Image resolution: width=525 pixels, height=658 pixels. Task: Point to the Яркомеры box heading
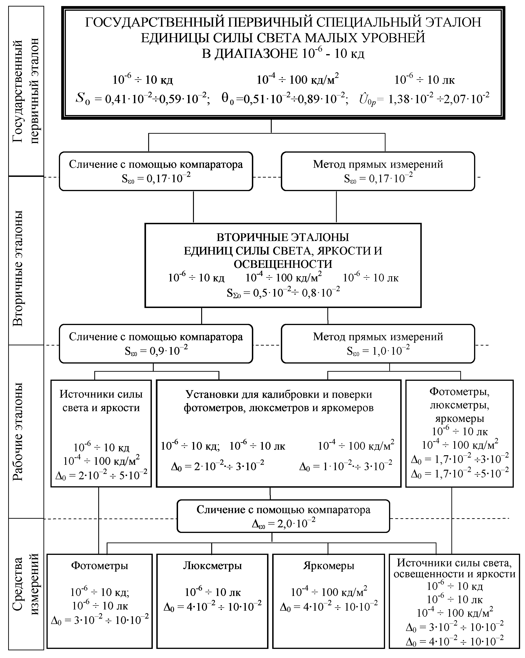point(329,566)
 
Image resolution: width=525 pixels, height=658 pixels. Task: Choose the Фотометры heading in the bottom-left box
point(100,566)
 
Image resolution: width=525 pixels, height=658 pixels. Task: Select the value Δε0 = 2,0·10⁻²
point(283,524)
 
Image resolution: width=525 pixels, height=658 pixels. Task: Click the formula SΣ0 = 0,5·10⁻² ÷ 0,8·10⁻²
point(283,292)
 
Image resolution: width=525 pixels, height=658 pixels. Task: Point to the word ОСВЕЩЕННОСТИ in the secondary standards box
point(283,264)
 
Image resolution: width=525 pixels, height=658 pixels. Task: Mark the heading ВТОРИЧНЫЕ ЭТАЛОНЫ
point(283,237)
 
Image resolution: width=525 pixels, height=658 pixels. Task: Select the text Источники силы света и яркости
point(101,401)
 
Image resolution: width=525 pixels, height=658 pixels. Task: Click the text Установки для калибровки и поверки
point(279,394)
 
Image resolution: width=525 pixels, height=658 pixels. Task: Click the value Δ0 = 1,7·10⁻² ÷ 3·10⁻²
point(460,459)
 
